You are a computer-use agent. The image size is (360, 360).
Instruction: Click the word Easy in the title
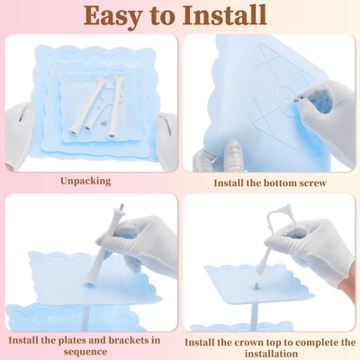coord(112,15)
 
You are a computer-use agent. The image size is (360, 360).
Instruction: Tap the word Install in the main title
coord(224,14)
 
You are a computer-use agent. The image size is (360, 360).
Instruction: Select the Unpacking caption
coord(85,181)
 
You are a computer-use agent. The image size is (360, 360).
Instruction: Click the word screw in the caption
coord(311,183)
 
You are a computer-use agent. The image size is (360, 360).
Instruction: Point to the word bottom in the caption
coord(274,183)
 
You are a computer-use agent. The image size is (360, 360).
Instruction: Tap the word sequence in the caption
coord(85,352)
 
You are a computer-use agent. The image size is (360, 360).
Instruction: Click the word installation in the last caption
coord(271,354)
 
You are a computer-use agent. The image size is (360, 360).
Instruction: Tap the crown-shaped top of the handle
coord(284,209)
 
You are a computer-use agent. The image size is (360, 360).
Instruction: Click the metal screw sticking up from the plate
coord(256,285)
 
